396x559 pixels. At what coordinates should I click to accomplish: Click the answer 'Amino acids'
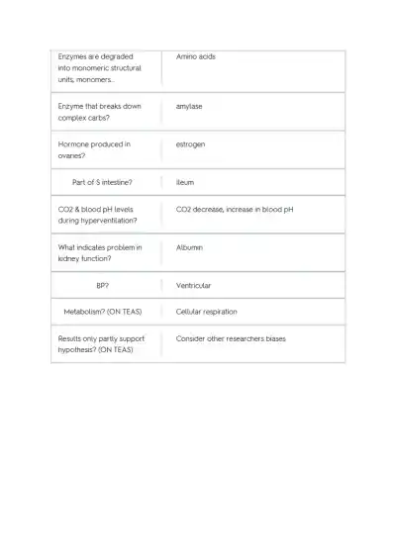coord(195,56)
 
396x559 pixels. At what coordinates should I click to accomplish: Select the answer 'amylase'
coord(189,106)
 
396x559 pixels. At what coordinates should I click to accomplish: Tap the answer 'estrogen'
coord(191,144)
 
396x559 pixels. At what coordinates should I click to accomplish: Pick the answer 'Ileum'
coord(185,182)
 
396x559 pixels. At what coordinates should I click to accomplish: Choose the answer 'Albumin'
coord(189,247)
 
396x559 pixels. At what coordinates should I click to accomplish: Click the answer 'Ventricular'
coord(193,285)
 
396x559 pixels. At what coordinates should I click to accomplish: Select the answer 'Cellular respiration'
coord(206,312)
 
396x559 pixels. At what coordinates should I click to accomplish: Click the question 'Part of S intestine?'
coord(102,182)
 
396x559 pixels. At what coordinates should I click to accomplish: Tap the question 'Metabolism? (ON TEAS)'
coord(102,312)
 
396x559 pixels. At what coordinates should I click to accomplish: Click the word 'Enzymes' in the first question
coord(72,56)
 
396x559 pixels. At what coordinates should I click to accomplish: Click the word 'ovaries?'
coord(72,155)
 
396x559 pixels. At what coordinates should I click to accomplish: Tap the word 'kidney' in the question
coord(69,258)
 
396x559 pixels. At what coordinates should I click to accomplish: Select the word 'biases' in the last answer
coord(274,338)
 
